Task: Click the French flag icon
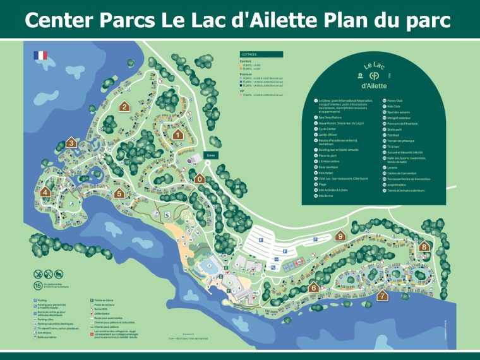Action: [x=40, y=56]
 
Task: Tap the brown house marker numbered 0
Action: [x=200, y=178]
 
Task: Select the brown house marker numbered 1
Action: [x=178, y=134]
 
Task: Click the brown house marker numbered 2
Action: [x=125, y=106]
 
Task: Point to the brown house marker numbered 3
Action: [x=71, y=143]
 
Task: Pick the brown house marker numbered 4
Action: [x=45, y=192]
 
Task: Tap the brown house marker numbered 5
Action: [x=119, y=193]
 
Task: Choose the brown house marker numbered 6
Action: [x=314, y=287]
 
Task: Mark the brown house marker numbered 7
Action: [x=382, y=295]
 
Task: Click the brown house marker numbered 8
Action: [x=424, y=246]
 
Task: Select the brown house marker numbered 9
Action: [x=340, y=236]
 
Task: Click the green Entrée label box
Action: [x=211, y=155]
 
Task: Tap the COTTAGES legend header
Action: [x=249, y=54]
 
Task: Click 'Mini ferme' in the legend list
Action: [x=327, y=196]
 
